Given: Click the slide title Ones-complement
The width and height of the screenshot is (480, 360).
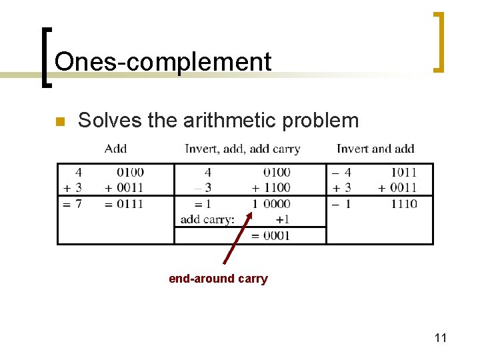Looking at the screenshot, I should [x=163, y=62].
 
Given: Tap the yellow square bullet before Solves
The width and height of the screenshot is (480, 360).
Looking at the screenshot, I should [x=59, y=122].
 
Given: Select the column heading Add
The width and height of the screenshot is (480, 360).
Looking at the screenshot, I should [x=115, y=149].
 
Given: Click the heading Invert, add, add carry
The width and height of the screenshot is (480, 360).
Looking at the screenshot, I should [x=242, y=149].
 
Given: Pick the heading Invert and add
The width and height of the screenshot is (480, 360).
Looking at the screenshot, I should [x=375, y=149].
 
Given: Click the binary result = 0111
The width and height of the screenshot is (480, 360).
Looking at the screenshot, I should [x=124, y=204].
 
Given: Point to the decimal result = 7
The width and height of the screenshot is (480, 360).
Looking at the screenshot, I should [x=72, y=204].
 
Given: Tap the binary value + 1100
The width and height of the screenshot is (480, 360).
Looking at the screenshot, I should [x=271, y=188].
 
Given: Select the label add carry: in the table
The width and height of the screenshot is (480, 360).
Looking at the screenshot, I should [x=207, y=219].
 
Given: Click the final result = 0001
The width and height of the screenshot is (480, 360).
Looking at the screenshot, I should [x=270, y=235].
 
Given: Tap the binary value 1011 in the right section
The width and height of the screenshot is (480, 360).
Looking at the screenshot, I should [x=404, y=173].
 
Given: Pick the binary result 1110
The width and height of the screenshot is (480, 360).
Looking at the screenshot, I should [x=404, y=204].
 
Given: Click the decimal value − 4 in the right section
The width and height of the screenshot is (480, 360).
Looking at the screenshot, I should [x=341, y=173].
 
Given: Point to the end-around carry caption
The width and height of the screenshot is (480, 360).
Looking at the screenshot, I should [x=218, y=279].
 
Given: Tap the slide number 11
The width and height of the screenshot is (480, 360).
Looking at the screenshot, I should [x=440, y=338].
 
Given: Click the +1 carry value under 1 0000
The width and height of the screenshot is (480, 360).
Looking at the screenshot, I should [x=283, y=219].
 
